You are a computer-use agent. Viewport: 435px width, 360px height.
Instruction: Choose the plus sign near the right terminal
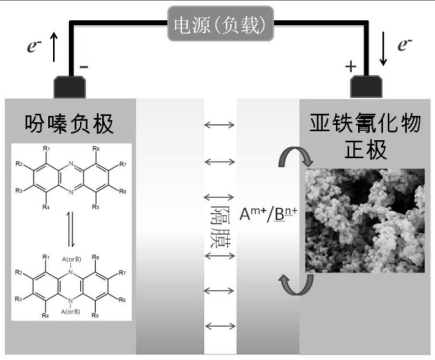(x=350, y=67)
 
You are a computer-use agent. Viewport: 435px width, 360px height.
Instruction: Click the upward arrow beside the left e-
(x=54, y=48)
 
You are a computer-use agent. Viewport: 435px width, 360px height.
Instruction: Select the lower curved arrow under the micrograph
(x=295, y=284)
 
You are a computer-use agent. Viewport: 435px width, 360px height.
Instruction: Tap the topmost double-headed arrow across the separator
(x=219, y=125)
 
